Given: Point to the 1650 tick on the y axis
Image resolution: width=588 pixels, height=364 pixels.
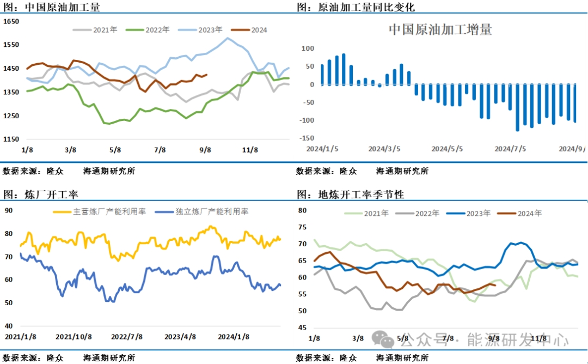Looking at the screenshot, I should click(11, 21).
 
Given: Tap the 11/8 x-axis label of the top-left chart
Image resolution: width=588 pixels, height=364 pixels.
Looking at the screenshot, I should click(250, 150).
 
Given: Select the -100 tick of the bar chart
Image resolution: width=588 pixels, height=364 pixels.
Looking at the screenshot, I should click(307, 120).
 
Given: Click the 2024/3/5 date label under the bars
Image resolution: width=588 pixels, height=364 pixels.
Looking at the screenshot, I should click(384, 149).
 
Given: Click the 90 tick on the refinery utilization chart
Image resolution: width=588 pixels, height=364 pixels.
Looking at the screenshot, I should click(8, 210).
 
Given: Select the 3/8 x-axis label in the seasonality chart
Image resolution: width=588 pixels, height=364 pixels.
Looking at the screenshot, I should click(358, 338).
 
